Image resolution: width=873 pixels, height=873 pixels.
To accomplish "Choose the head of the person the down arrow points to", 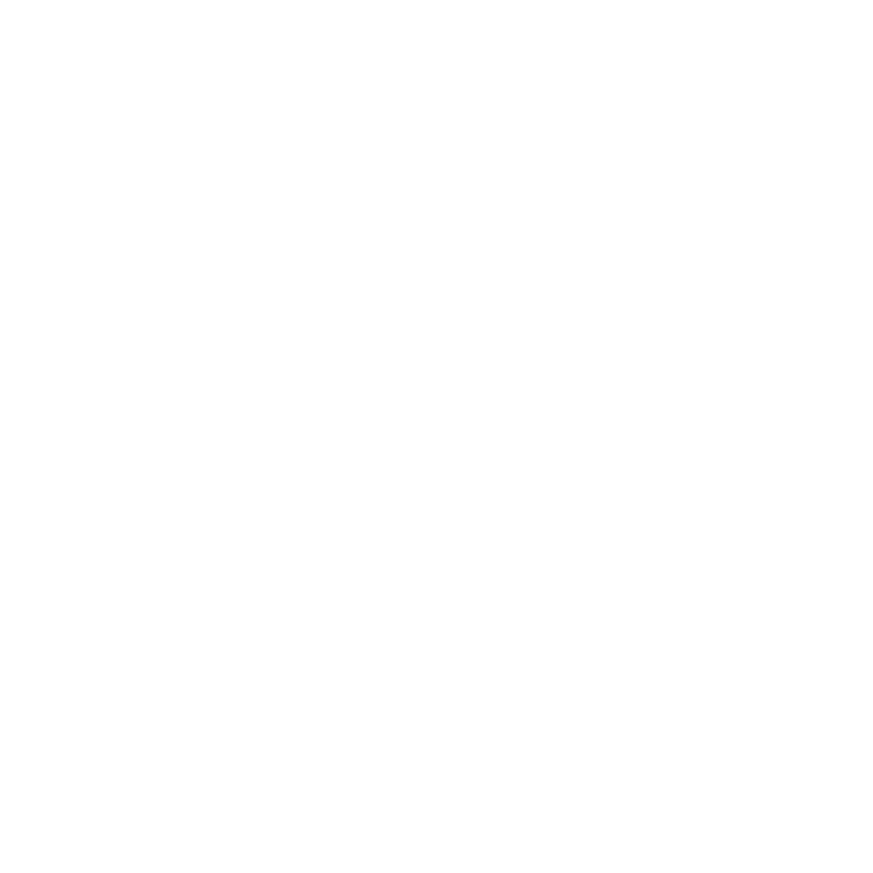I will (748, 643).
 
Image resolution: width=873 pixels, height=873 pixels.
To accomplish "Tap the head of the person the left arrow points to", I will (124, 643).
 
